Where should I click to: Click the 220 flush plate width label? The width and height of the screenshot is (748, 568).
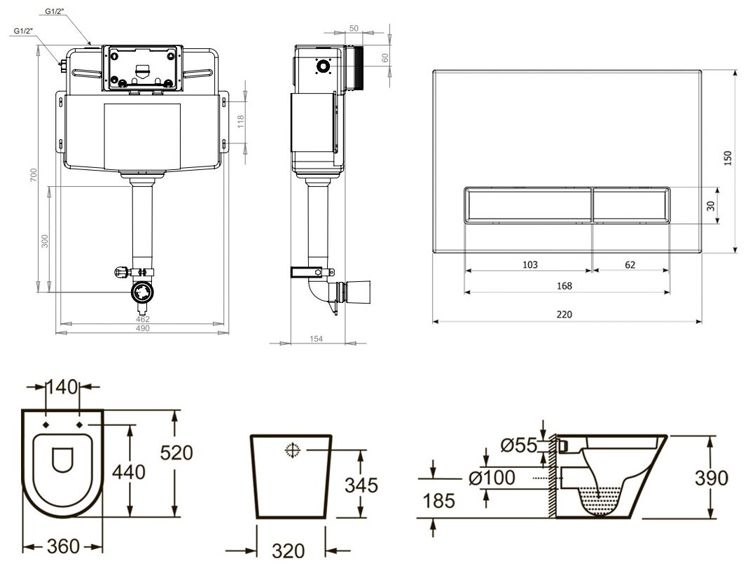click(565, 315)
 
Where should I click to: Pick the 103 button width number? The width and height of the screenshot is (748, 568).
click(529, 264)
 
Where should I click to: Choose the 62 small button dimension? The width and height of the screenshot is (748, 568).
click(630, 264)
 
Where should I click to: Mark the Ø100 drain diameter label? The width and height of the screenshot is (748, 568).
click(490, 478)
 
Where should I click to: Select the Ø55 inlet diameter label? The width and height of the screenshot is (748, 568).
click(518, 443)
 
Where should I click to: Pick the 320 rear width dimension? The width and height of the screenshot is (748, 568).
click(289, 551)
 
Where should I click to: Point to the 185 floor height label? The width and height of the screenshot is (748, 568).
click(438, 500)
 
